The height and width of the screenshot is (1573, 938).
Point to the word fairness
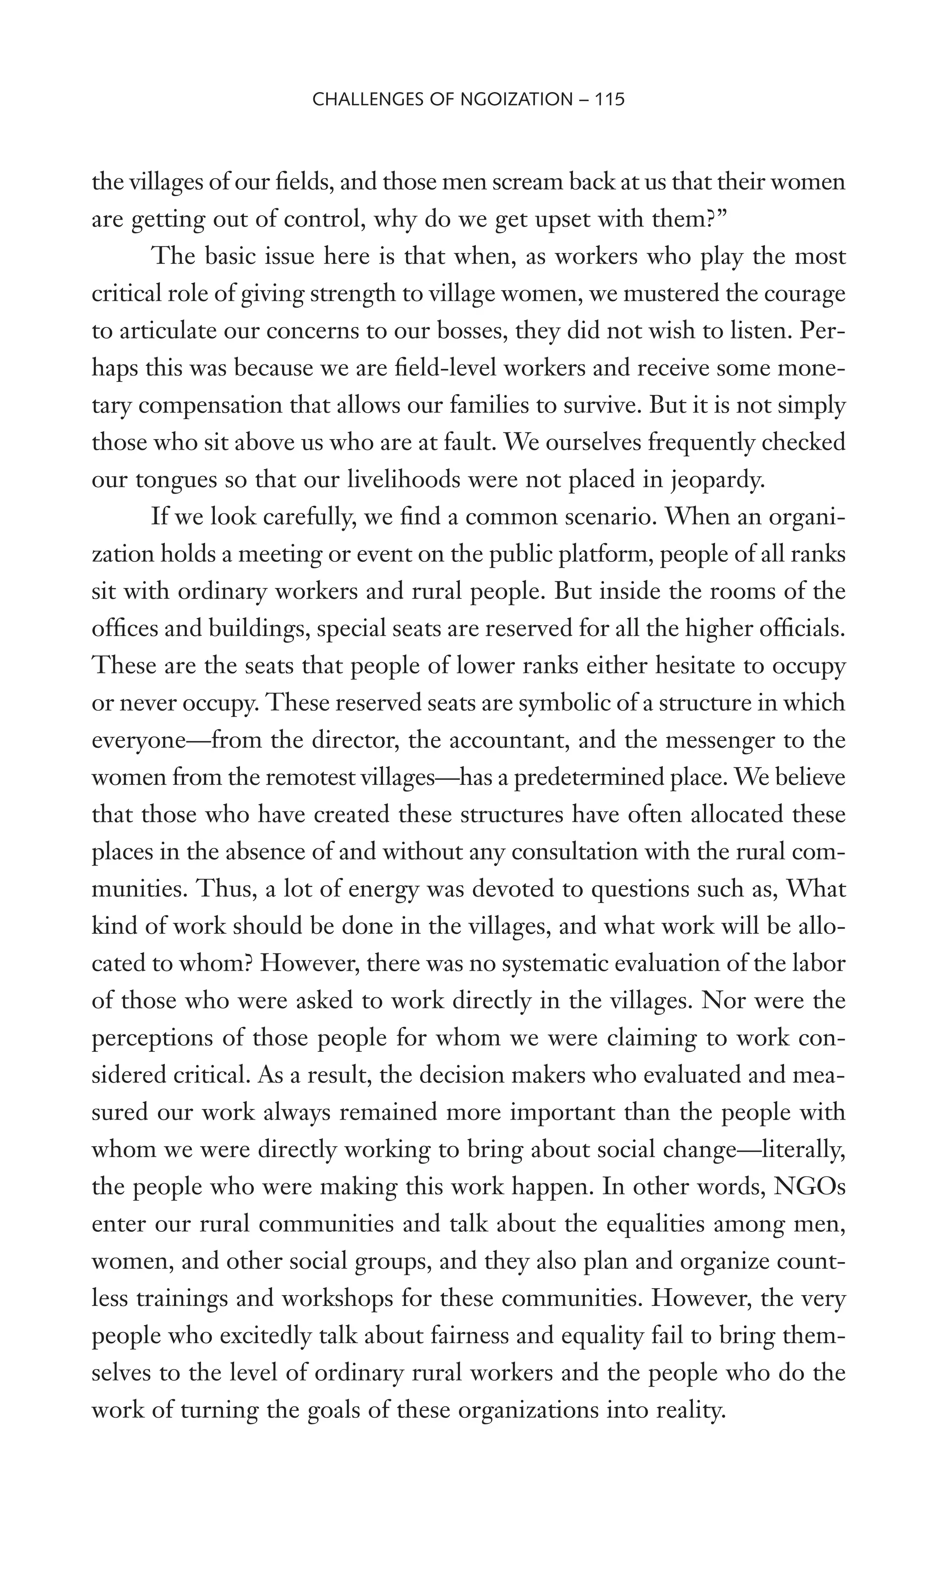474,1335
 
